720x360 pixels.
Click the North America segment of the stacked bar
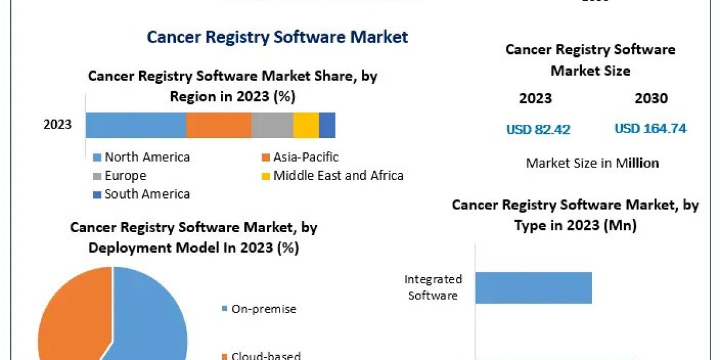tap(136, 125)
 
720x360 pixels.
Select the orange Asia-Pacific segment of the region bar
tap(218, 125)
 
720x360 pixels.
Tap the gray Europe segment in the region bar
tap(272, 125)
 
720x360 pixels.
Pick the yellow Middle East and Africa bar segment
tap(305, 125)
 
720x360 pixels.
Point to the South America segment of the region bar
tap(327, 125)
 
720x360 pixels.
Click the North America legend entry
tap(142, 157)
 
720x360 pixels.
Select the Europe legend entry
tap(119, 176)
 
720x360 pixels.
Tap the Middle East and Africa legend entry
tap(332, 176)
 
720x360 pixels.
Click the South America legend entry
tap(142, 194)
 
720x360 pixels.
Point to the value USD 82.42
tap(538, 129)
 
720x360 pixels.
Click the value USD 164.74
tap(650, 128)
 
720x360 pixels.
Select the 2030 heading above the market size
tap(651, 98)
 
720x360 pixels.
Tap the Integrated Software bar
tap(533, 287)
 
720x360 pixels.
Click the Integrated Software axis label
tap(433, 287)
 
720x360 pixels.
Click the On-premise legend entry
tap(259, 309)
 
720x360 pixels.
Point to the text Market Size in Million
tap(592, 163)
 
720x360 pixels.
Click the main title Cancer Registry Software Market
tap(277, 37)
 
